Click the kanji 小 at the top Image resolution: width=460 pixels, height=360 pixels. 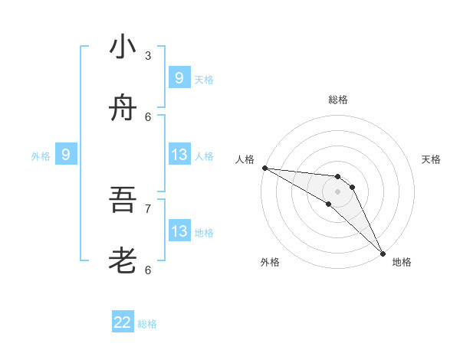tap(123, 47)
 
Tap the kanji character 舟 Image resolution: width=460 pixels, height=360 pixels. tap(123, 110)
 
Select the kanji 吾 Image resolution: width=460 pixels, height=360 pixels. tap(123, 201)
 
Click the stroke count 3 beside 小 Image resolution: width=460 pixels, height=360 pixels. tap(148, 55)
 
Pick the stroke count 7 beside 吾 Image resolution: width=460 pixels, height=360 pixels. tap(148, 208)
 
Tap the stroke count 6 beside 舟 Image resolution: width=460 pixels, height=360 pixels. tap(148, 116)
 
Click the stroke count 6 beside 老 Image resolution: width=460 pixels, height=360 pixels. tap(148, 270)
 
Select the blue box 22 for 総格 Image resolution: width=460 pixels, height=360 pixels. tap(123, 322)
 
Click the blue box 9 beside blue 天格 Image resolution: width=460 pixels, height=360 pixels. tap(179, 78)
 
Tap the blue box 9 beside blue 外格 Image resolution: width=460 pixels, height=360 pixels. tap(66, 155)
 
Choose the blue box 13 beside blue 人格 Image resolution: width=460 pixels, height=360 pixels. tap(179, 155)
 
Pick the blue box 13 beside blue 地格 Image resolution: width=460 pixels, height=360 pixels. tap(179, 231)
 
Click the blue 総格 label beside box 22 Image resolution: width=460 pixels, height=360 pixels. tap(147, 324)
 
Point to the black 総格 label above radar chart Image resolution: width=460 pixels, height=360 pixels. tap(338, 100)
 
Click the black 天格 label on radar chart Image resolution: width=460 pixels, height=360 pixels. tap(431, 159)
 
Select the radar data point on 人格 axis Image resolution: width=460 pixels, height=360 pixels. tap(264, 168)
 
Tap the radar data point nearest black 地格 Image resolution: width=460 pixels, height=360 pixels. tap(382, 253)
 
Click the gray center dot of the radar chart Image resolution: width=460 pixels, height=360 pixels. tap(338, 191)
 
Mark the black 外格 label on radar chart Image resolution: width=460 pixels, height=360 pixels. tap(270, 262)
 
